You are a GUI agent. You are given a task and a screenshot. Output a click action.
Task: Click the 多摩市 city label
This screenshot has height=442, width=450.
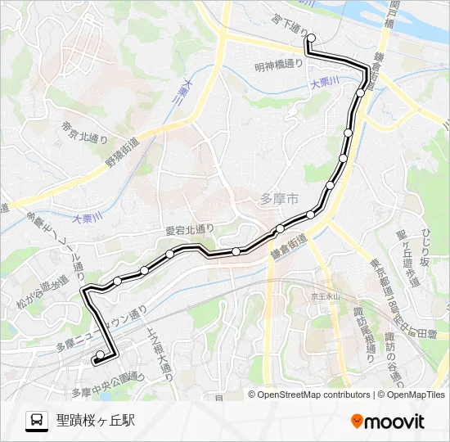tap(278, 198)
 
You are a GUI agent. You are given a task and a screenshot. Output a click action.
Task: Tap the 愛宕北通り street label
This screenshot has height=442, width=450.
tap(189, 230)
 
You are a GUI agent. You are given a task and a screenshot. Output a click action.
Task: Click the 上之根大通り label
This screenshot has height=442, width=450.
tap(158, 348)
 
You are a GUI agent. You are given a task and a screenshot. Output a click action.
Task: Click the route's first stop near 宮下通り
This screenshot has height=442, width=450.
tap(310, 38)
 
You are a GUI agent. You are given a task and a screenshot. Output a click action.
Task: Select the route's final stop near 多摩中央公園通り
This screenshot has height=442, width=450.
tap(99, 355)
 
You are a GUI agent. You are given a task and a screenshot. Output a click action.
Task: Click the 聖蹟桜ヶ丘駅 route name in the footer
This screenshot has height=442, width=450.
tap(95, 421)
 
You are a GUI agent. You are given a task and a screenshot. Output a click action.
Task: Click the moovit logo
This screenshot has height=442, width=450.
tap(388, 421)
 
